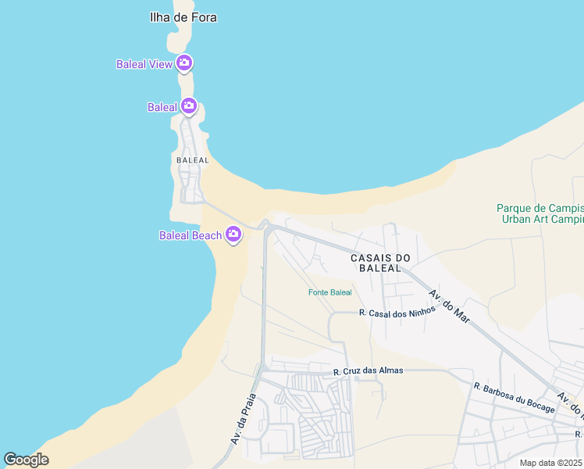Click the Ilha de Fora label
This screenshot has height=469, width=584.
click(183, 17)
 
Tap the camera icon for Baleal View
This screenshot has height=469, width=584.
click(184, 63)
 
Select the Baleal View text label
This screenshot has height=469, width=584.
click(144, 64)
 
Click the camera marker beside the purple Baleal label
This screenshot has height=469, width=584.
click(188, 106)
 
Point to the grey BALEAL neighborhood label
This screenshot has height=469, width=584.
click(193, 160)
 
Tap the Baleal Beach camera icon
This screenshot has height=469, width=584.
click(233, 234)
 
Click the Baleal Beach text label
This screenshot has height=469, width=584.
click(191, 235)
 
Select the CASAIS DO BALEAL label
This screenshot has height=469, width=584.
click(380, 263)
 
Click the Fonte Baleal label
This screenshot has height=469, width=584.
click(329, 292)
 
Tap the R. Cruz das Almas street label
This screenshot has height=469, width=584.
click(368, 371)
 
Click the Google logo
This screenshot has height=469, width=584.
click(26, 460)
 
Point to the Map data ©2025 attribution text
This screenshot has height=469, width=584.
click(551, 463)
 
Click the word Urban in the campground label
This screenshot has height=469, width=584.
click(517, 219)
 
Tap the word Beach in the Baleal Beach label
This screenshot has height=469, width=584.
click(207, 235)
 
